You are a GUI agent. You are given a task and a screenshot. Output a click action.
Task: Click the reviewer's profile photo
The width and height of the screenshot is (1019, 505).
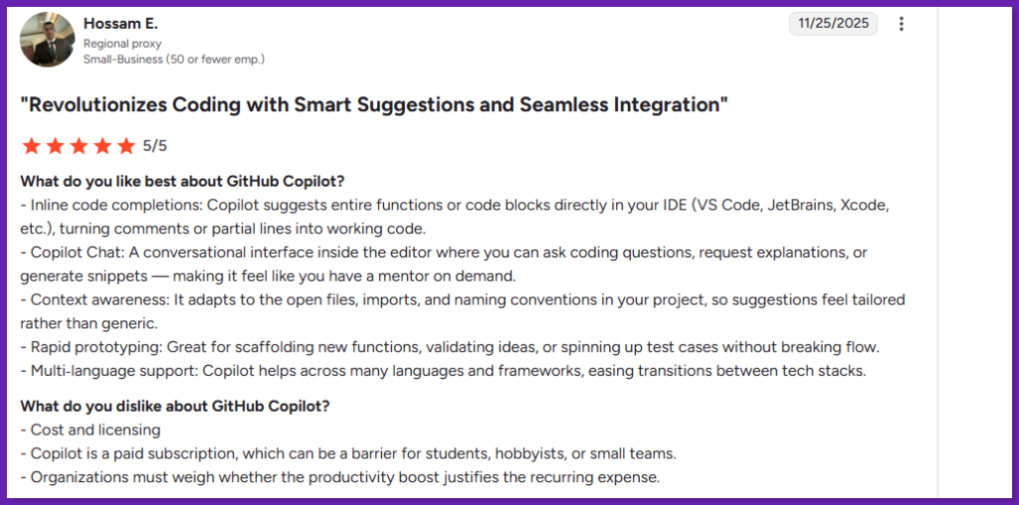47,39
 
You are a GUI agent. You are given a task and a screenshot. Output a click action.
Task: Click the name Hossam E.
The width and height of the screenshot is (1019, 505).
120,24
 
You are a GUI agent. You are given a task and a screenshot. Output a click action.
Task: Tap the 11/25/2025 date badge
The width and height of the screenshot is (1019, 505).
833,24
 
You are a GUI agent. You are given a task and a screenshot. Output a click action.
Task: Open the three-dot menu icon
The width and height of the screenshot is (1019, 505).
901,24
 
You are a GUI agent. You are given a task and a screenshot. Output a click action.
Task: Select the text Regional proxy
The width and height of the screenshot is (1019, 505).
122,44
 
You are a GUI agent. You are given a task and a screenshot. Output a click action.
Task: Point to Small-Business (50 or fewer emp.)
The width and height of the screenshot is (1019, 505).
174,60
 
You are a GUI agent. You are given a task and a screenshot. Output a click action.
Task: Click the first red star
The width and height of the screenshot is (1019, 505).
31,146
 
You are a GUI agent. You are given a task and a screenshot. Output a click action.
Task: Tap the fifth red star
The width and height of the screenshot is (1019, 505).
126,146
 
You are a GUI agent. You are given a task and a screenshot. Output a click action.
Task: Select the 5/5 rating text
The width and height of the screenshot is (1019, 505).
154,146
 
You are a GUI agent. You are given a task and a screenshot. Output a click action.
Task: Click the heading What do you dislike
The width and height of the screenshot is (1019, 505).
175,407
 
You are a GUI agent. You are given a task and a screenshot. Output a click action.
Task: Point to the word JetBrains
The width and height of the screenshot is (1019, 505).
799,206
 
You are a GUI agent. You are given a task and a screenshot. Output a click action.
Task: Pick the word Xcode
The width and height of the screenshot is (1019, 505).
864,206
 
